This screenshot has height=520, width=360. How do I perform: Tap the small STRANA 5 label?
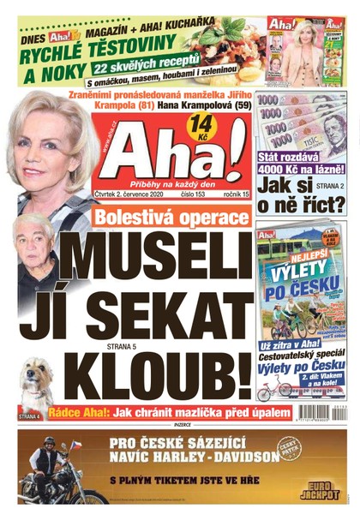[145, 346]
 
